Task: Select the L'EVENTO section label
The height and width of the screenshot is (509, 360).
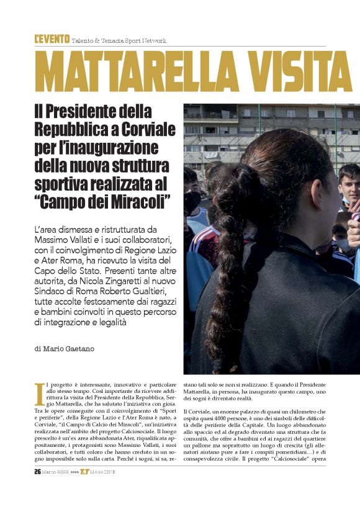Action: (x=52, y=40)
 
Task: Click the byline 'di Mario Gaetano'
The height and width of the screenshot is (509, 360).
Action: (x=65, y=349)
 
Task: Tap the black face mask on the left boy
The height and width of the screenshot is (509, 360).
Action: (x=192, y=202)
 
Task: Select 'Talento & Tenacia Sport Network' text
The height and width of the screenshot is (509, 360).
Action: (x=119, y=41)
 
